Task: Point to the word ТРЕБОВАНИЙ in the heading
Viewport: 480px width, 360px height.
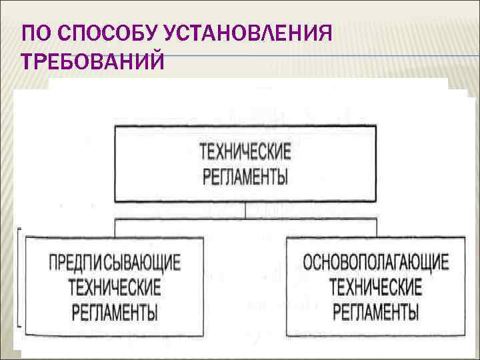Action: coord(93,62)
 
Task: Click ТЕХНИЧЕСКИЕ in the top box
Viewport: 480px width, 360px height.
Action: coord(246,151)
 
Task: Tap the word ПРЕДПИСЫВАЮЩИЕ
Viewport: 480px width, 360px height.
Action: coord(115,262)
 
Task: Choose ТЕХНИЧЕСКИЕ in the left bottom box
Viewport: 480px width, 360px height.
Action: coord(115,287)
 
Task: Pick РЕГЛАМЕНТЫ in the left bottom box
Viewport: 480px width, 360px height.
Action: coord(115,311)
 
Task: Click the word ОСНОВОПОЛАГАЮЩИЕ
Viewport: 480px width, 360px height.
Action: coord(376,261)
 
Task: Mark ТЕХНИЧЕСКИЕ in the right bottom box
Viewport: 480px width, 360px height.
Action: coord(376,287)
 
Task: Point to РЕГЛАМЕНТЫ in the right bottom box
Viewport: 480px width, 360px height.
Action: coord(376,311)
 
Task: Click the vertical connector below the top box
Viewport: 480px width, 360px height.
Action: coord(246,210)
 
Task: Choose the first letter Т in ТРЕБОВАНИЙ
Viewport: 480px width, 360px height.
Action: coord(29,62)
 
